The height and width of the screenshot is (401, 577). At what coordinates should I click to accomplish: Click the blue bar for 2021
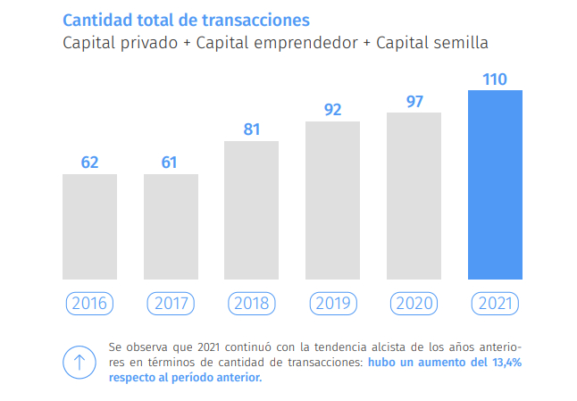[495, 185]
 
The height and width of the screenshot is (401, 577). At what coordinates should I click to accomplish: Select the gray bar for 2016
[89, 227]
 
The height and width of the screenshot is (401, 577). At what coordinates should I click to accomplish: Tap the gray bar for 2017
[171, 227]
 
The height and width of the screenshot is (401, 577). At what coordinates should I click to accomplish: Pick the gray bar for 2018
[251, 210]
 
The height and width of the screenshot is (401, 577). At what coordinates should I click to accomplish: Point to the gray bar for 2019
[332, 200]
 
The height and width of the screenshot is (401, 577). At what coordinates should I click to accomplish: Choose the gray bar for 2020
[414, 196]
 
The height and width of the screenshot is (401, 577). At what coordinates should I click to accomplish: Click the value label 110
[495, 79]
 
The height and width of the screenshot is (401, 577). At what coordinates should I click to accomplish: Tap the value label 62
[89, 163]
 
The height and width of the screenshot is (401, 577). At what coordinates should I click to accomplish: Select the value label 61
[170, 163]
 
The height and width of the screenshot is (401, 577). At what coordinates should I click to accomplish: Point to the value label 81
[251, 129]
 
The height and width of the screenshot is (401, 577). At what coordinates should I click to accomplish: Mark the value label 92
[332, 111]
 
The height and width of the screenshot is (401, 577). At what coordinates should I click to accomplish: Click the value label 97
[414, 101]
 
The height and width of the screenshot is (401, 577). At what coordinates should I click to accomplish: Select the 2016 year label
[89, 304]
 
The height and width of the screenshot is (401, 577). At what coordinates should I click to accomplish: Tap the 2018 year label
[251, 304]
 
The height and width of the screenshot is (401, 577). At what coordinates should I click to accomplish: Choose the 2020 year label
[414, 304]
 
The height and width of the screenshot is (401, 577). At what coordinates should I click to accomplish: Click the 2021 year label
[495, 304]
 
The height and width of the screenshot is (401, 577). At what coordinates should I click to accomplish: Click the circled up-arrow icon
[79, 361]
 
